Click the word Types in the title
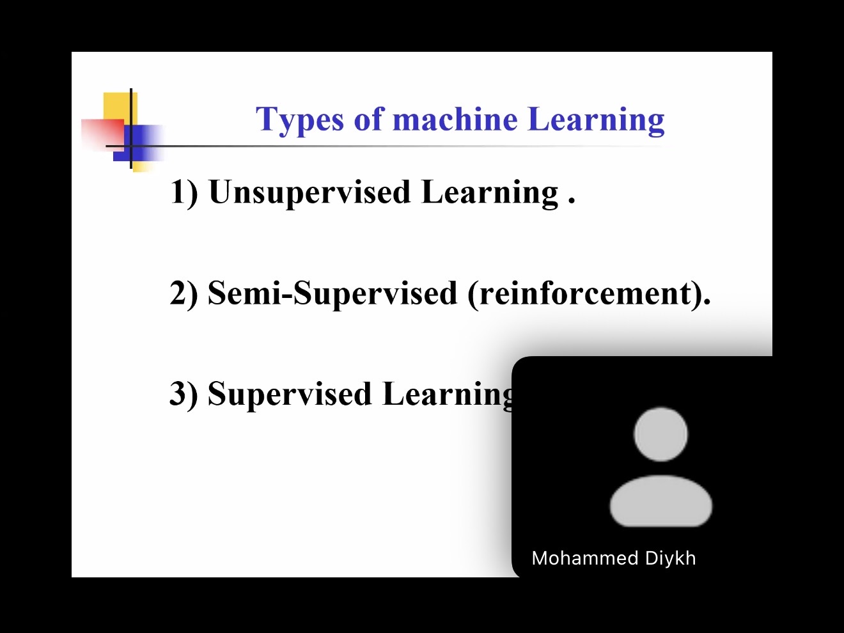(x=299, y=120)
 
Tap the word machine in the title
(x=455, y=118)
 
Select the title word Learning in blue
(x=596, y=120)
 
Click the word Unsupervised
(x=309, y=193)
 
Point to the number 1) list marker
(x=184, y=192)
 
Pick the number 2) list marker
(x=184, y=293)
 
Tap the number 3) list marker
(x=184, y=394)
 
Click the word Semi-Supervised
(x=332, y=293)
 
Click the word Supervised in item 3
(x=290, y=395)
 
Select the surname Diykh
(x=670, y=558)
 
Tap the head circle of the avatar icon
(x=660, y=434)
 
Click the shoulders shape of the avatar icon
(x=660, y=501)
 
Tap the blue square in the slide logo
(x=138, y=143)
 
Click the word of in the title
(x=368, y=119)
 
